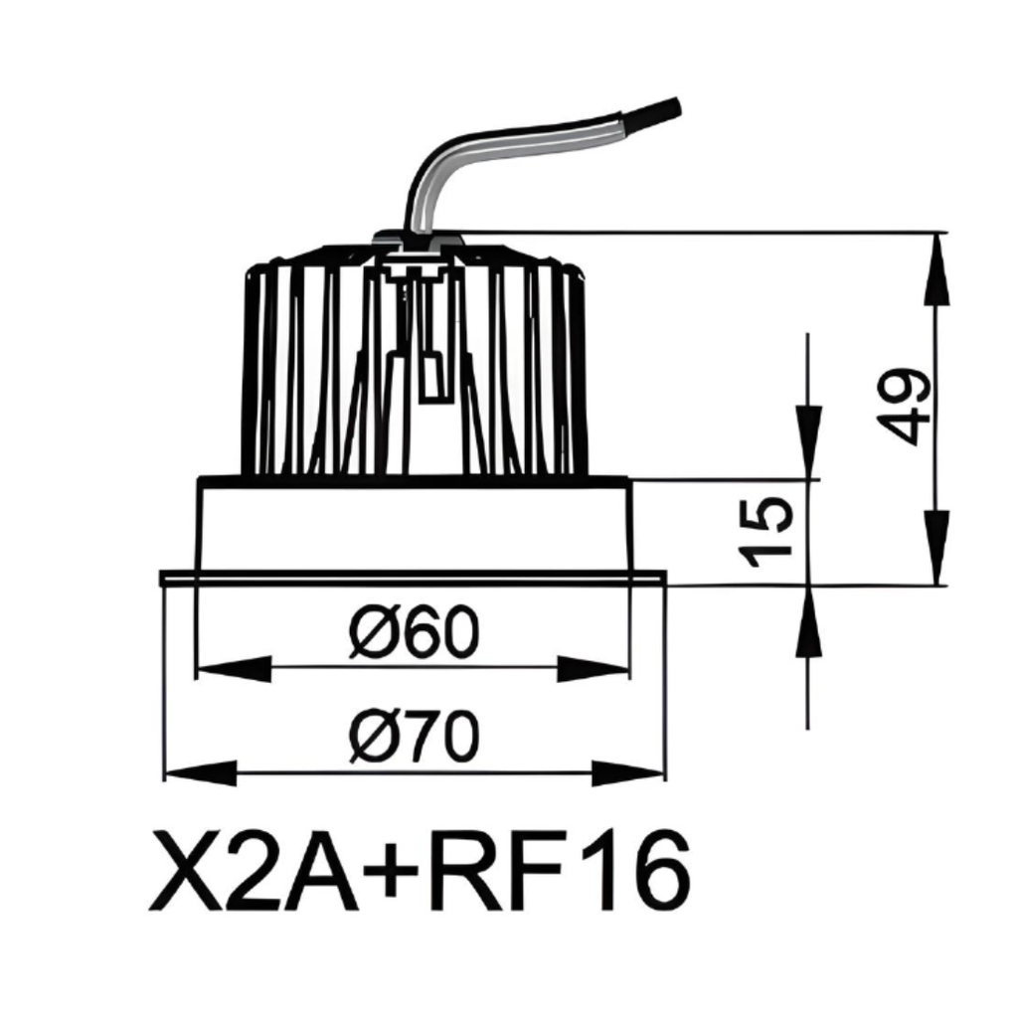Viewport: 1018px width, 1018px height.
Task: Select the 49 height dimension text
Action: click(x=907, y=407)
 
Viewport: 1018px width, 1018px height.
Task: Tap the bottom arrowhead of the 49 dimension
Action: click(x=935, y=547)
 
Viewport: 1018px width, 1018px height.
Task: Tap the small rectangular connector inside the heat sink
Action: click(x=430, y=378)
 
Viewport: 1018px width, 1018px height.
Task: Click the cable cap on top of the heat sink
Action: click(x=418, y=239)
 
